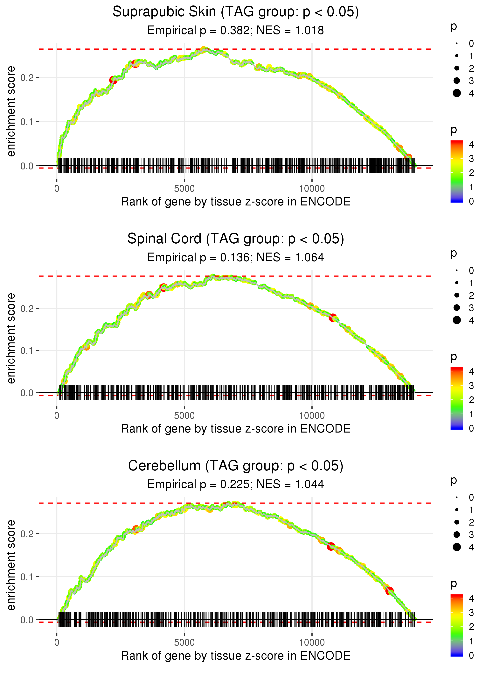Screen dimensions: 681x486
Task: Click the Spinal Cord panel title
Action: click(236, 239)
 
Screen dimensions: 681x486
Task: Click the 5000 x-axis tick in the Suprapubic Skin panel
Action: click(184, 189)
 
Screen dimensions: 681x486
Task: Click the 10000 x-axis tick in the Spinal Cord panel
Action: click(312, 416)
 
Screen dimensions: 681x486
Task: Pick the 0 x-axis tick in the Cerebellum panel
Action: click(57, 643)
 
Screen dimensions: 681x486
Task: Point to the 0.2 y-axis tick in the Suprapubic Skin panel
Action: click(27, 78)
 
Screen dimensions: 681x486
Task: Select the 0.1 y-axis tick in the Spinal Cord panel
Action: click(27, 351)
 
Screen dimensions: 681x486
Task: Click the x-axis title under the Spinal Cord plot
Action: click(236, 429)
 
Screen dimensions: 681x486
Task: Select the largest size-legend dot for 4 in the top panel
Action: click(457, 93)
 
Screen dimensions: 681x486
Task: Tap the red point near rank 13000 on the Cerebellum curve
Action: click(389, 591)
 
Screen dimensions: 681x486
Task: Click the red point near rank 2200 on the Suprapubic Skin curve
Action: click(113, 80)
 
